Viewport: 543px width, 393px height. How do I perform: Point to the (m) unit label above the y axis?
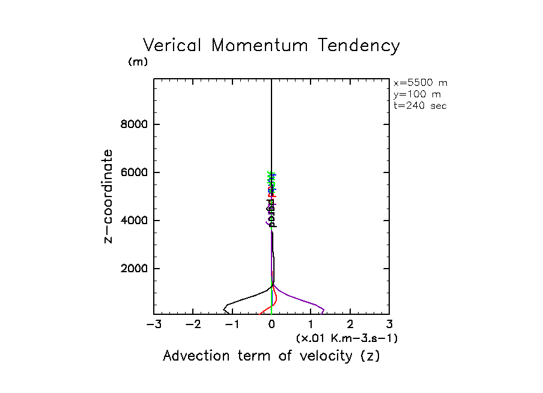coord(138,62)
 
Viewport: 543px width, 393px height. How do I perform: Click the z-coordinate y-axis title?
coord(109,196)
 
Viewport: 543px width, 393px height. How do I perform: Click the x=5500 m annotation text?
coord(420,83)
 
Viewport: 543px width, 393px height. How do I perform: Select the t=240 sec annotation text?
coord(420,106)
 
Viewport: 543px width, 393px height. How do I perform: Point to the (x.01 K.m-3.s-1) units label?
coord(347,339)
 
